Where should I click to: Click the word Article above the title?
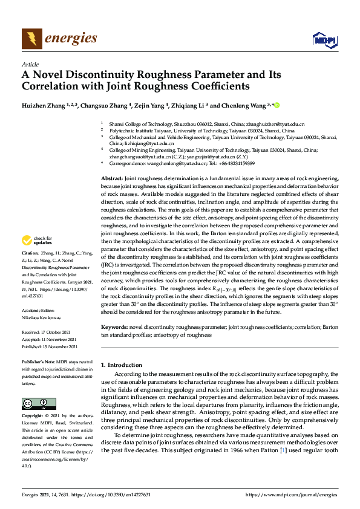coord(30,64)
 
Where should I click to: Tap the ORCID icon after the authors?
coord(278,105)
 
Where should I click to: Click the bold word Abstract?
coord(111,180)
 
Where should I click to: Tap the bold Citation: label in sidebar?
coord(30,253)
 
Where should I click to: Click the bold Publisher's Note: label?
coord(41,361)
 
